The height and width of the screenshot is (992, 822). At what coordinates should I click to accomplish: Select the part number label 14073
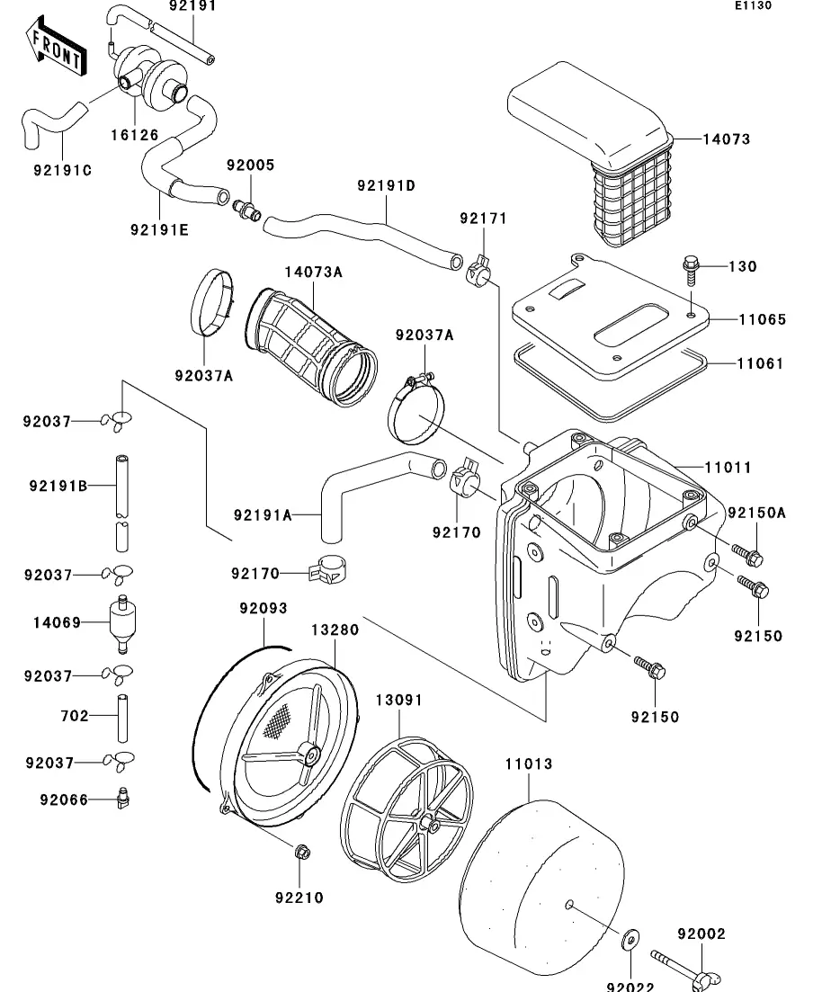[726, 139]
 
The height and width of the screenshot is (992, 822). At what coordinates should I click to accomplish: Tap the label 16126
[134, 135]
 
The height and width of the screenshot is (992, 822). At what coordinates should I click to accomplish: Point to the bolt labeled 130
[691, 268]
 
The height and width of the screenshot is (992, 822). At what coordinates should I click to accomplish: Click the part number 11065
[762, 319]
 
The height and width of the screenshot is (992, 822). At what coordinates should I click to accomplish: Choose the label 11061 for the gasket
[760, 364]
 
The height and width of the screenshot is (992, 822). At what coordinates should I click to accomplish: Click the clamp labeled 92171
[478, 267]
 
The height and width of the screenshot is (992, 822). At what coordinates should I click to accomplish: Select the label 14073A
[314, 273]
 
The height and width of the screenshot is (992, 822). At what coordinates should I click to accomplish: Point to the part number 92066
[63, 799]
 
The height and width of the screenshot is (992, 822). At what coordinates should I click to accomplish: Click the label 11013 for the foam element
[528, 764]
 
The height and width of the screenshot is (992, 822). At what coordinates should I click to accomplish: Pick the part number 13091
[398, 700]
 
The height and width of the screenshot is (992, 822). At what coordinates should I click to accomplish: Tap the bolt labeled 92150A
[748, 555]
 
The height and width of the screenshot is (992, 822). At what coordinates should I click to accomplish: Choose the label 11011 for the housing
[728, 468]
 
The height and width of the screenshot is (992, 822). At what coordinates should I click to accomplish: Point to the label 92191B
[58, 487]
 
